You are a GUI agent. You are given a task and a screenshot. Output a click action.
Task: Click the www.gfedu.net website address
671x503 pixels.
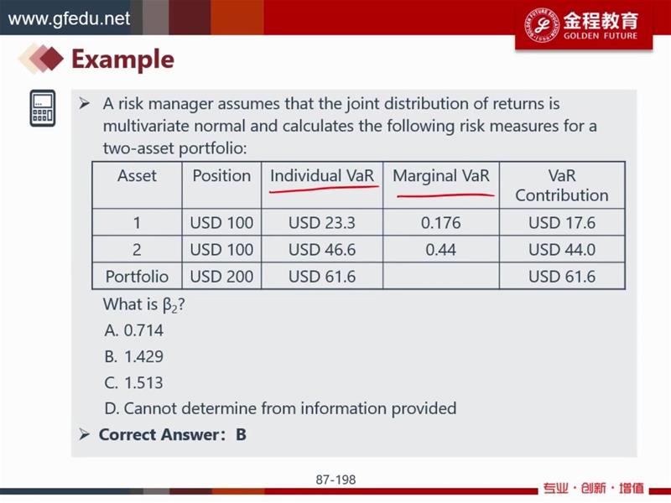pos(69,18)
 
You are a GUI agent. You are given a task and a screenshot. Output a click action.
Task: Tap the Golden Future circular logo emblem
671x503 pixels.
pos(542,25)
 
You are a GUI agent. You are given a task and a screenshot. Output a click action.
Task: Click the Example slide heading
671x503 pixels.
pos(122,59)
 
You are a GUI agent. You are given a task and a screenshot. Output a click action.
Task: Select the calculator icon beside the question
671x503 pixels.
pos(43,108)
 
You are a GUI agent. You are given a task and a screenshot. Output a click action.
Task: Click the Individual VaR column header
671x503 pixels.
pos(322,176)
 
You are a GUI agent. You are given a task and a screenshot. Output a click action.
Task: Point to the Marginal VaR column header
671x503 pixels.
pos(441,176)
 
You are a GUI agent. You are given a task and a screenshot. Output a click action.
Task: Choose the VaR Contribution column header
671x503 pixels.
pos(561,185)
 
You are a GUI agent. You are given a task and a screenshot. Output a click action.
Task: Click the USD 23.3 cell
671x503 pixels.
pos(322,223)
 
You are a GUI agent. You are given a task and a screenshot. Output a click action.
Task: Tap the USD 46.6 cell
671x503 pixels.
pos(322,250)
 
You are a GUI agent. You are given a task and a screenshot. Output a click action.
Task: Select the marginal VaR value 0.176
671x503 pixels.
pos(441,223)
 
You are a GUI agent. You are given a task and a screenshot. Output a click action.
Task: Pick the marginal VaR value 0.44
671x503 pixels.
pos(441,250)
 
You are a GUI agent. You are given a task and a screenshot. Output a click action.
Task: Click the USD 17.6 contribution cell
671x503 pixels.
pos(562,223)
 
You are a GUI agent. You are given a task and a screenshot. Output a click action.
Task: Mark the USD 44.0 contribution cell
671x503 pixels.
pos(562,250)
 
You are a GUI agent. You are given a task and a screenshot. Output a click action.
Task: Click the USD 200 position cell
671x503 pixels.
pos(221,277)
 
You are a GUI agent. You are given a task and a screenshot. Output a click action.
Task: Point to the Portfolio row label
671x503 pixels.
pos(137,277)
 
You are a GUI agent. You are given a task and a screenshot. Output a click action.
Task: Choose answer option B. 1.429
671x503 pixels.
pos(134,356)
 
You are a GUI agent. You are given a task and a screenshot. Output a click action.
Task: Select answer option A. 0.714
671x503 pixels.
pos(134,330)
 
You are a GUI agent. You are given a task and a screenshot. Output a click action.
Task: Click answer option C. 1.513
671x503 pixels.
pos(134,382)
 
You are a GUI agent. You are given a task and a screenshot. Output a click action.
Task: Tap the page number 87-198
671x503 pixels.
pos(335,480)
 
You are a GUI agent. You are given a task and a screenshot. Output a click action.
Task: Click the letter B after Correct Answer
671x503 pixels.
pos(241,434)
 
